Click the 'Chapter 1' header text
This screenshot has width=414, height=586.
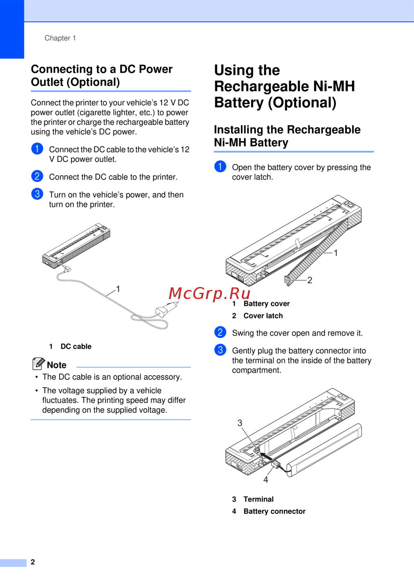point(60,38)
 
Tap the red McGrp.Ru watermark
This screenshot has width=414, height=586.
point(209,293)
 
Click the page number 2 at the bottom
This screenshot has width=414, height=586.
point(33,562)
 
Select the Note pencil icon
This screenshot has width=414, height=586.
point(39,363)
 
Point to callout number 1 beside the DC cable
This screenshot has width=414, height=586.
point(118,289)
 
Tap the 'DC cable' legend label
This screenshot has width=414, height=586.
point(76,346)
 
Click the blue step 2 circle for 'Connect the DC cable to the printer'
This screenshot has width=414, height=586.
point(37,176)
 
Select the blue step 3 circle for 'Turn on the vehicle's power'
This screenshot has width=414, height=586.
point(37,194)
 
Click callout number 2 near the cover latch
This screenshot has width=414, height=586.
point(310,280)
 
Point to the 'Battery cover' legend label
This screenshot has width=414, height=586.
point(267,304)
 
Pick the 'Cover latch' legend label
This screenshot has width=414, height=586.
point(263,316)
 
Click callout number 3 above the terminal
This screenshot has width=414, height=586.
point(240,423)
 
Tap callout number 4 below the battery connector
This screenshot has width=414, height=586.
point(266,480)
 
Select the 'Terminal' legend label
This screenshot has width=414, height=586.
point(258,499)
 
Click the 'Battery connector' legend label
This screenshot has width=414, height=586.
point(274,511)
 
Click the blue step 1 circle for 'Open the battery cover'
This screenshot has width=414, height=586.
point(220,166)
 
